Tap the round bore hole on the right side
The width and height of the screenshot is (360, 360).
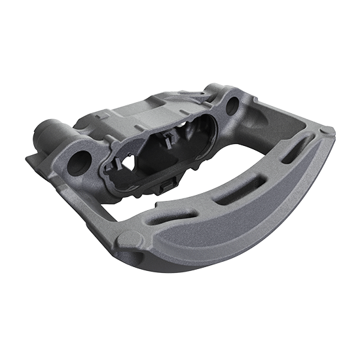(232, 105)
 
